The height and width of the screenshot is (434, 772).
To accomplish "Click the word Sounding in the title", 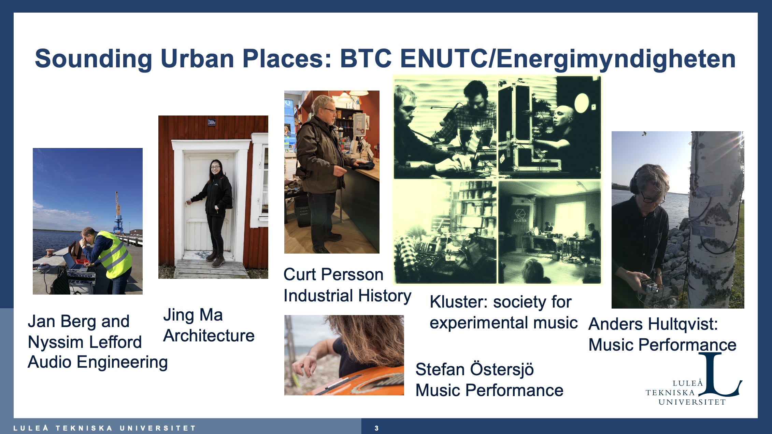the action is point(94,59).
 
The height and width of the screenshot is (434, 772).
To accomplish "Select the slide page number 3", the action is point(376,428).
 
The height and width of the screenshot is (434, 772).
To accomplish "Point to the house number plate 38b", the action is point(212,122).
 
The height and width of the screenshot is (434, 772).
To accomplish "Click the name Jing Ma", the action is point(193,315).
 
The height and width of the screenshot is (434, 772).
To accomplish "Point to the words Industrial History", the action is point(347,296).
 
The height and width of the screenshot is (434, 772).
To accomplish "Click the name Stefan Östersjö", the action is point(475,369).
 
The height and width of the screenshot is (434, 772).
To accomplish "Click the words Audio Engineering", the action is point(98,362).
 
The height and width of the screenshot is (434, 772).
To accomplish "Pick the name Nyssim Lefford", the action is point(85,342).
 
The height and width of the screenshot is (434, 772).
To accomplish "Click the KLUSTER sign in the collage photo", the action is point(520,216).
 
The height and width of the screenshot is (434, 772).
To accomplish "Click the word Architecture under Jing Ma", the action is point(209,336).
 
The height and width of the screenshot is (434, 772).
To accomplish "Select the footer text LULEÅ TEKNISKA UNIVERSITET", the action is point(104,428).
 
